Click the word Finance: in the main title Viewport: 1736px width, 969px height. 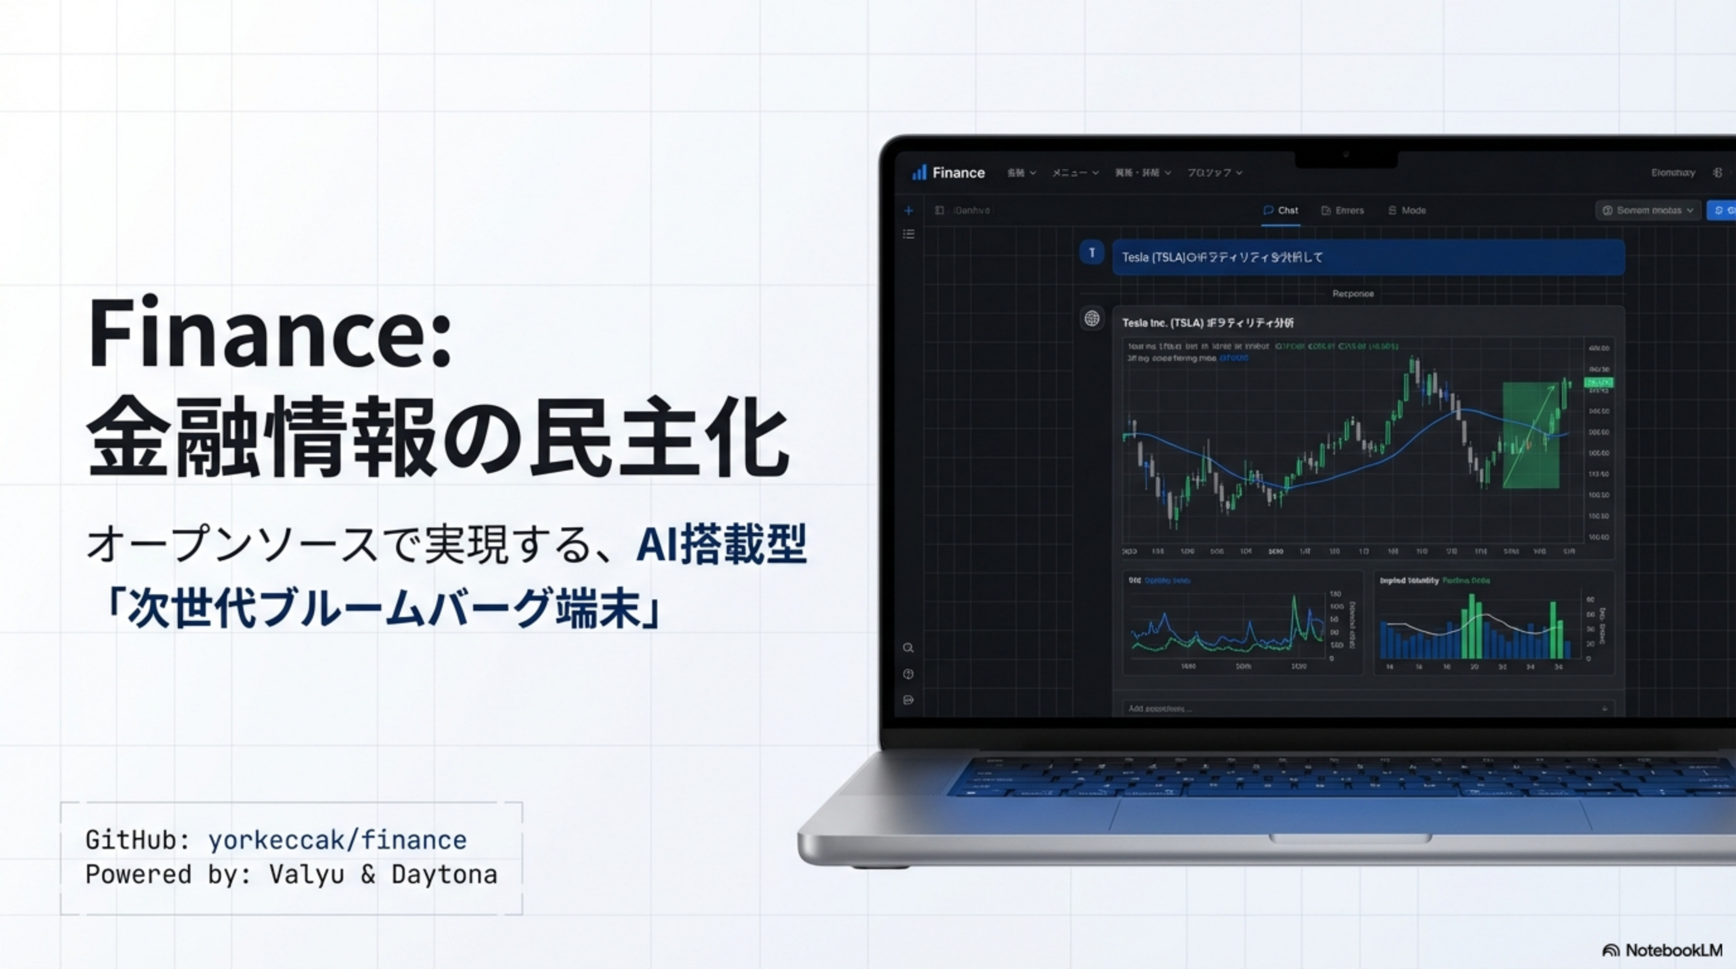coord(269,334)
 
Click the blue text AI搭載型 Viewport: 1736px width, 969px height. coord(721,544)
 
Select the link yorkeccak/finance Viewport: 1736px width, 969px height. coord(337,840)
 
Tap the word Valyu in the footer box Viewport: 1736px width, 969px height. coord(307,874)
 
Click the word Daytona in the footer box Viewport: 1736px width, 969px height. coord(444,874)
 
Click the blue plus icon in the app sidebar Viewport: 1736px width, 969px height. coord(908,210)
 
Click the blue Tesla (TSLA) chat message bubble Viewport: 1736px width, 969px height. coord(1368,257)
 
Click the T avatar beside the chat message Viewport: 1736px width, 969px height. coord(1092,253)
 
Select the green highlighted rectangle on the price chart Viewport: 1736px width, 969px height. coord(1530,435)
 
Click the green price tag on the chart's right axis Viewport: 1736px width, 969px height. coord(1598,383)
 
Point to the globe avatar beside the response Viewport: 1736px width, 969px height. coord(1092,318)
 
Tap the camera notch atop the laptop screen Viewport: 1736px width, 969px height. coord(1346,157)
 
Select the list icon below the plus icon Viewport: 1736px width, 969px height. coord(908,234)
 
